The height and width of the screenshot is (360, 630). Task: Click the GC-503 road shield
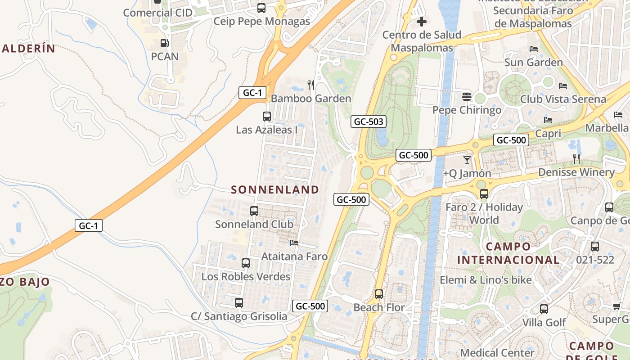coord(369,121)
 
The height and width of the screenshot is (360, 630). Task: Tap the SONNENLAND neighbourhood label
coord(275,190)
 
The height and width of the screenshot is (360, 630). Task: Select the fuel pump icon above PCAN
coord(165,44)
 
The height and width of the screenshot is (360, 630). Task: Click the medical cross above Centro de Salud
coord(422,21)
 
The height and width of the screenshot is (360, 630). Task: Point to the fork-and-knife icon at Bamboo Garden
coord(310,85)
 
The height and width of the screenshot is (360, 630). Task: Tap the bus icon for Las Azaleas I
coord(267,117)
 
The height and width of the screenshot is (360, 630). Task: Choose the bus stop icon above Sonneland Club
coord(254,211)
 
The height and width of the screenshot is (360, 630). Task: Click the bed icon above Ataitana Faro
coord(294,243)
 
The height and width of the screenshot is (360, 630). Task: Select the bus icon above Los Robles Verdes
coord(246,263)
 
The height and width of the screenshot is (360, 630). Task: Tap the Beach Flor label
coord(379,308)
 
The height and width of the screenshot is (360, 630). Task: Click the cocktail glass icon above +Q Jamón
coord(467,160)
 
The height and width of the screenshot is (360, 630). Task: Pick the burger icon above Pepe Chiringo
coord(467,97)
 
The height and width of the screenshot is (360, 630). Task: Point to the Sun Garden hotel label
coord(534,62)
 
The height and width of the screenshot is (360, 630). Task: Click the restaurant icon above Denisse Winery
coord(576,158)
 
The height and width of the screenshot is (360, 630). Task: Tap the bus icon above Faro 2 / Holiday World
coord(484,194)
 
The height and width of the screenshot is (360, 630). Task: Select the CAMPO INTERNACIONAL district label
coord(508,253)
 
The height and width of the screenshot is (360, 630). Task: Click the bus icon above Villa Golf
coord(544,309)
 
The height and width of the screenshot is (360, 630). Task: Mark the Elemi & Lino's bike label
coord(486,280)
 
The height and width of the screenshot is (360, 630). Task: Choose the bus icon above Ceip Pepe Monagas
coord(261,8)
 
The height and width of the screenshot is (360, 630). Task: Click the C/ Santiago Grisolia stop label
coord(239,316)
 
